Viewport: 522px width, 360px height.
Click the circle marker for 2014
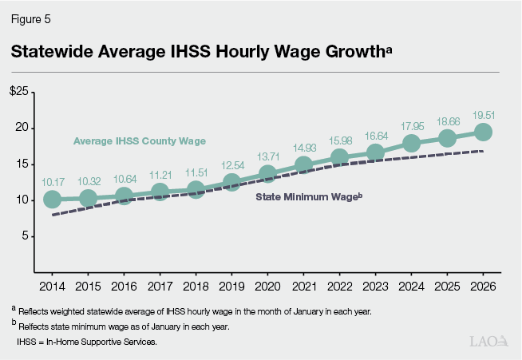pos(52,200)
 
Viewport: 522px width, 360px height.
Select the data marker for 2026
pos(483,132)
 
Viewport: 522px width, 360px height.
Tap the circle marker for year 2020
pos(267,174)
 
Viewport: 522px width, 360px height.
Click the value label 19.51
pos(483,113)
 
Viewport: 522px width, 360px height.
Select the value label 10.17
pos(52,181)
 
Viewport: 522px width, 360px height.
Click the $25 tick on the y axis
pos(19,93)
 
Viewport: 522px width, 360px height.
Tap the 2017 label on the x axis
pos(160,286)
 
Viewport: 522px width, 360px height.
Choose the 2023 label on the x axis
pos(375,286)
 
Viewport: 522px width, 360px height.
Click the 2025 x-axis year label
pos(447,286)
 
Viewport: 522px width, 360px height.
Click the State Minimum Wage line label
pos(309,196)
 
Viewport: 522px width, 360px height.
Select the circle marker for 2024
pos(411,144)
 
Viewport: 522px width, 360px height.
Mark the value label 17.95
pos(411,125)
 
